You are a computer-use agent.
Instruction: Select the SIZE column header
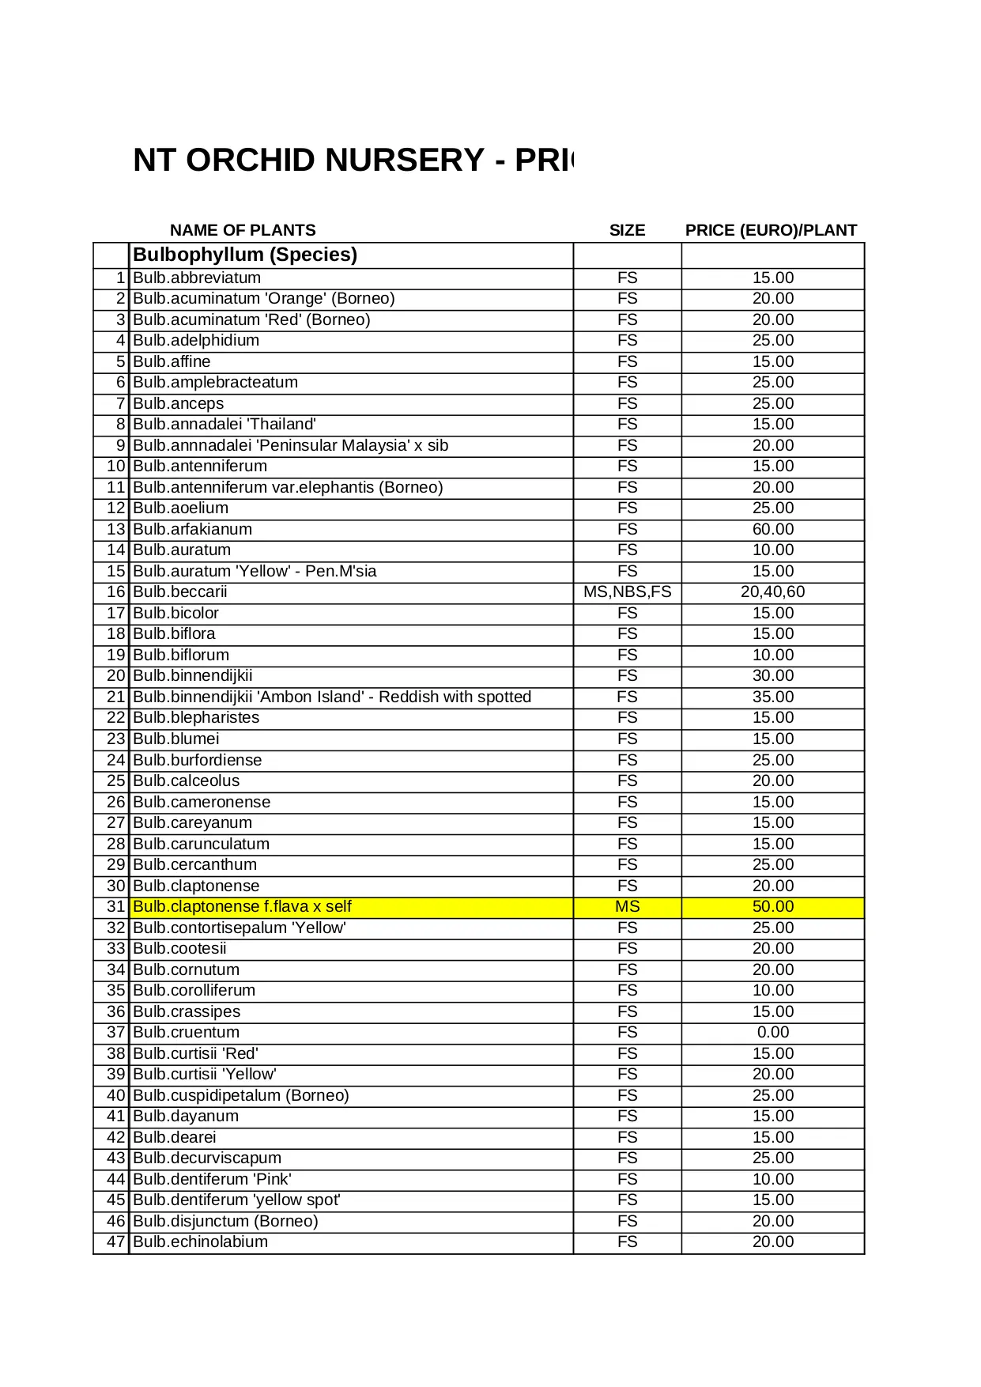click(627, 230)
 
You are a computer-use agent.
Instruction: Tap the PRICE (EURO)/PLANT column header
click(771, 230)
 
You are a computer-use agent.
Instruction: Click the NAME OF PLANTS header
click(243, 230)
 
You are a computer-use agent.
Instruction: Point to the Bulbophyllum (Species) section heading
click(245, 255)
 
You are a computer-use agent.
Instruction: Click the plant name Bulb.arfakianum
click(192, 529)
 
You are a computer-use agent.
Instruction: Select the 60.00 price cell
click(772, 529)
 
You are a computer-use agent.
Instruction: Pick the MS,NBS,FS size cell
click(627, 591)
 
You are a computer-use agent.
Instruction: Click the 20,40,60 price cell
click(772, 591)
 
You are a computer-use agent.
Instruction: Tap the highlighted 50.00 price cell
click(772, 906)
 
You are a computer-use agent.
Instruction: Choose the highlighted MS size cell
click(627, 906)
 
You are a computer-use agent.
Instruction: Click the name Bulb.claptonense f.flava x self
click(242, 906)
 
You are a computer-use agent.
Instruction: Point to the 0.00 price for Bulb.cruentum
click(772, 1032)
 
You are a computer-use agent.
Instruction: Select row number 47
click(116, 1241)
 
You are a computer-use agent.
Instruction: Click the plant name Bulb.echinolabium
click(200, 1241)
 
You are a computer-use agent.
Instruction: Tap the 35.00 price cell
click(772, 697)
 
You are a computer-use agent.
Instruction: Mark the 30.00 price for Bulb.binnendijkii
click(772, 675)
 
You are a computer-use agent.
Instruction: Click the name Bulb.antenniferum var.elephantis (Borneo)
click(288, 487)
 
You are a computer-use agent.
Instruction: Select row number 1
click(120, 278)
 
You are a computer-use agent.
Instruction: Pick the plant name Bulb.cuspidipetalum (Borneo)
click(241, 1095)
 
